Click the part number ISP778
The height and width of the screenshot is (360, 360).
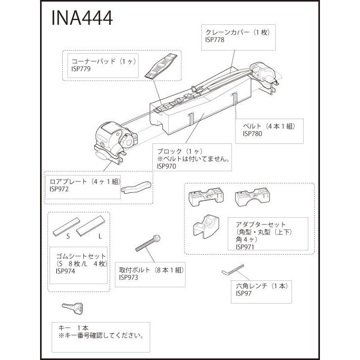coord(216,40)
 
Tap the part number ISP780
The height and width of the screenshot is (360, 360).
coord(252,134)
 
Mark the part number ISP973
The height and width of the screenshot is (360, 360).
coord(129,278)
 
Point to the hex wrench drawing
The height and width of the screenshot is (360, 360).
coord(232,270)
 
